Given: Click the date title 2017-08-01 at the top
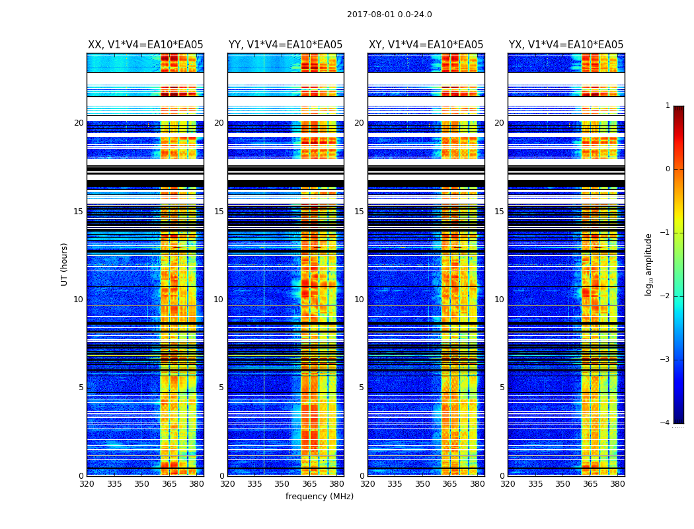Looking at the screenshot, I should [x=389, y=15].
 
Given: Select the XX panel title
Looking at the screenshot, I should [x=145, y=45].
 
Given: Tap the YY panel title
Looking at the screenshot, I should [x=286, y=45].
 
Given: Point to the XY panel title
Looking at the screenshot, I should [x=426, y=45].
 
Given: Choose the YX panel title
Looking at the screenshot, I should [x=566, y=45].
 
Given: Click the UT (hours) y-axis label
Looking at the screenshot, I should [x=65, y=264].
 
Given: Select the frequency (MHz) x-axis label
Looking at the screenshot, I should [x=319, y=497].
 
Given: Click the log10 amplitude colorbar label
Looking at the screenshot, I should [x=649, y=264].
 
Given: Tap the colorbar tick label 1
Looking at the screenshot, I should [x=668, y=106].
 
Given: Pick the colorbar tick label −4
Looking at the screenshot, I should [x=666, y=423].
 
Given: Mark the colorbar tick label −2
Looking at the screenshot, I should [x=666, y=296].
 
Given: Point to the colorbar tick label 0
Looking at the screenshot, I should [x=668, y=169].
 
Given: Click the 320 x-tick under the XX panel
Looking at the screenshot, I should [x=87, y=484].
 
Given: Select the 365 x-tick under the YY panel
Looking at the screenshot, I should [x=309, y=484].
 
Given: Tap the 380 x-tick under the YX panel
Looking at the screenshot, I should [x=617, y=484].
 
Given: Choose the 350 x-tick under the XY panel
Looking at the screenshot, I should [x=422, y=484].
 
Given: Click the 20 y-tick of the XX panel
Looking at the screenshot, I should [x=79, y=123].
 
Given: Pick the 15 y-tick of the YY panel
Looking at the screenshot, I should [x=219, y=212].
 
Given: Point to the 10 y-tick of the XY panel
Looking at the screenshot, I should [x=359, y=300].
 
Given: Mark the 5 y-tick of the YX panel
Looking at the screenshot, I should [x=502, y=387].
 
